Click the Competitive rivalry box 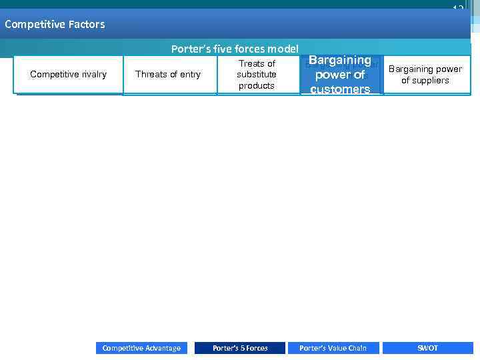[69, 75]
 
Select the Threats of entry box [168, 75]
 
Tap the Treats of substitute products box [257, 75]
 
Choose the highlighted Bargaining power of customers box [340, 75]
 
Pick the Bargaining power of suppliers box [425, 75]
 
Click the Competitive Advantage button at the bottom [141, 348]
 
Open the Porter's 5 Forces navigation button [240, 348]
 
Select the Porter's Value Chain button [333, 348]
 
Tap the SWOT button [427, 348]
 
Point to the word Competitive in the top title [30, 25]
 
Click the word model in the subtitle [283, 49]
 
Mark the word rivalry [91, 75]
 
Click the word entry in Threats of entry [189, 75]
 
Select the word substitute [257, 75]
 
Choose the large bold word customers [340, 89]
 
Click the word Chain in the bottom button [357, 348]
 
